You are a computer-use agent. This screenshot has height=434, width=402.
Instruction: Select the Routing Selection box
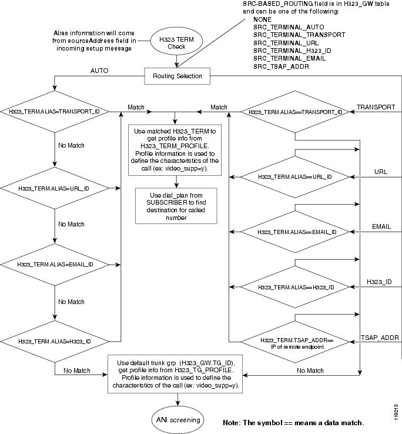(x=177, y=75)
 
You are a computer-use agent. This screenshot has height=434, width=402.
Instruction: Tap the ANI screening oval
(x=177, y=419)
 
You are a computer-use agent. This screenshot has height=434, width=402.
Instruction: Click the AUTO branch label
(x=99, y=70)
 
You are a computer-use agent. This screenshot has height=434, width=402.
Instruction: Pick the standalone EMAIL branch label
(x=381, y=226)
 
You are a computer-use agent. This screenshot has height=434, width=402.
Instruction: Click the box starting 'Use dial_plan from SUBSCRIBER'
(x=177, y=205)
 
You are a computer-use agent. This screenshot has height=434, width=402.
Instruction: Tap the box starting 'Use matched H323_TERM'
(x=173, y=149)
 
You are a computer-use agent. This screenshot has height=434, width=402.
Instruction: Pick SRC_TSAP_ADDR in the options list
(x=281, y=66)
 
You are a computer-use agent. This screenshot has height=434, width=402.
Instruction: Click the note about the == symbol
(x=293, y=423)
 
